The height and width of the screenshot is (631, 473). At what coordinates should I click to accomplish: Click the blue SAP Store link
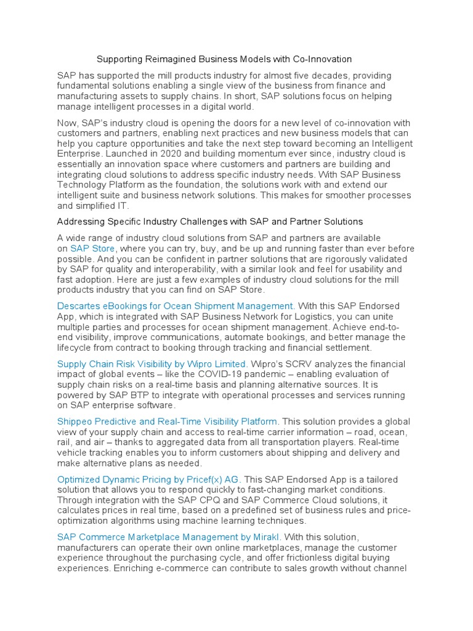92,248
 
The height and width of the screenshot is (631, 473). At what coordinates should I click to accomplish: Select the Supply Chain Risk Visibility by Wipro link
152,364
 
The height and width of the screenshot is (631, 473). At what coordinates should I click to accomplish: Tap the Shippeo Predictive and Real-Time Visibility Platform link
168,421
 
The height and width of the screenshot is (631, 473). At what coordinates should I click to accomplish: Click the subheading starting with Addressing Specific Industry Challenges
209,221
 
